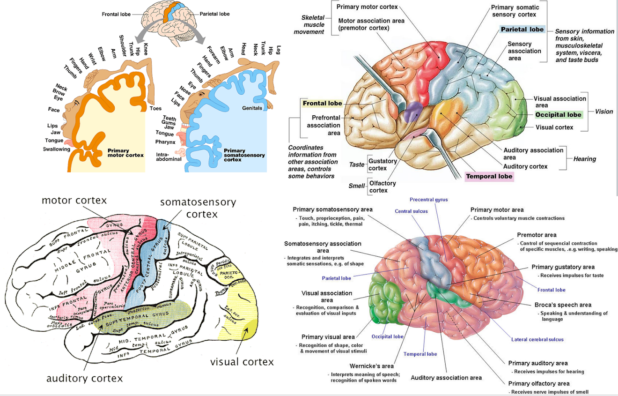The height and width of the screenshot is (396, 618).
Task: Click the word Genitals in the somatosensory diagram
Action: coord(252,108)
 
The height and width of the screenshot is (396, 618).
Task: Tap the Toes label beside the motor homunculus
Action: coord(155,108)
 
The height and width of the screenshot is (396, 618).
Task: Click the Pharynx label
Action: coord(165,142)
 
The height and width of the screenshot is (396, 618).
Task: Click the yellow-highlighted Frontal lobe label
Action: coord(322,103)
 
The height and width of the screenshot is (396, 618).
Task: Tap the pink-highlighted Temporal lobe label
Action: coord(489,177)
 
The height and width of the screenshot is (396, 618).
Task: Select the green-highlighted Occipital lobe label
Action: coord(558,114)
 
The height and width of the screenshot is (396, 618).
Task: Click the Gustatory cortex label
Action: coord(382,164)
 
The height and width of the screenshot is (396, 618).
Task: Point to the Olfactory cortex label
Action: coord(382,187)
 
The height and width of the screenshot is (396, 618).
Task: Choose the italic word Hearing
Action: coord(584,159)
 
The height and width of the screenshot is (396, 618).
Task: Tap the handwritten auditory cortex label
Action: coord(85,378)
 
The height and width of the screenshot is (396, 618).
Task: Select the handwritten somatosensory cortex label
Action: coord(198,208)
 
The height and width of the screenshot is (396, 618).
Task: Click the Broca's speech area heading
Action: coord(563,305)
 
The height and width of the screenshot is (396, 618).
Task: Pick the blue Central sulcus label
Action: coord(411,211)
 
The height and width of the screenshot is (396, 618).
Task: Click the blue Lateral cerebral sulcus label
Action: coord(537,339)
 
